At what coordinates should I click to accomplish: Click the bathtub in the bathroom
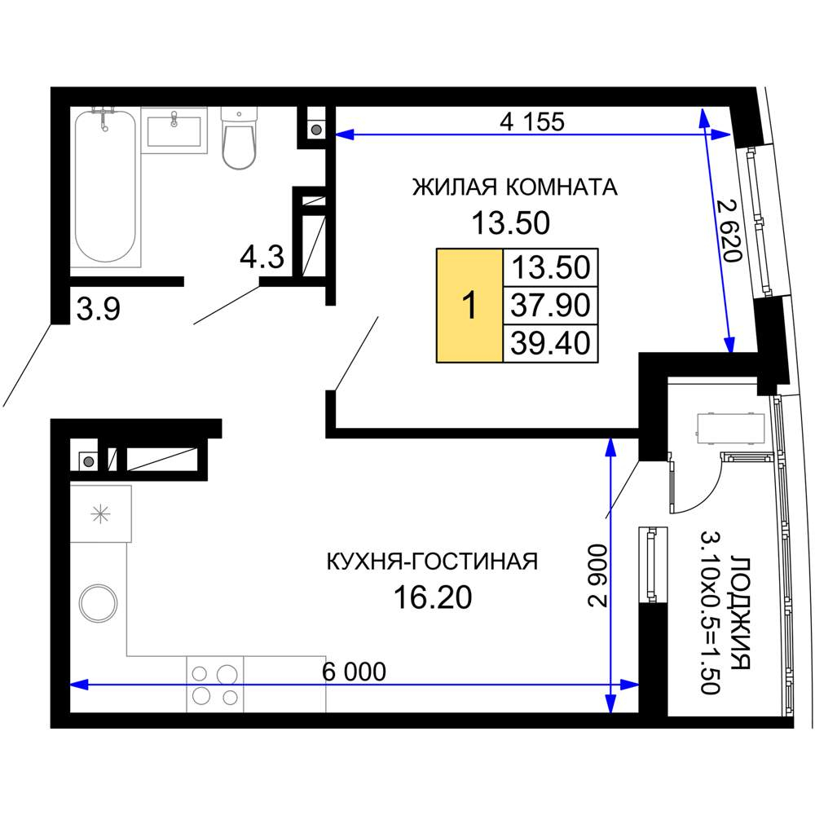tap(105, 187)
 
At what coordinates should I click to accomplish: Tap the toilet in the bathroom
tap(239, 139)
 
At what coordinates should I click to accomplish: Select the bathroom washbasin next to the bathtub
tap(174, 130)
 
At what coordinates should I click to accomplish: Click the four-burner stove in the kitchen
tap(215, 685)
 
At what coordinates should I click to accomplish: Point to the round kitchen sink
tap(99, 603)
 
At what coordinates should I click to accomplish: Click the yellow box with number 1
tap(469, 305)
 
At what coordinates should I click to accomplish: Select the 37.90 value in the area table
tap(550, 305)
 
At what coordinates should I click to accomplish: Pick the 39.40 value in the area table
tap(550, 343)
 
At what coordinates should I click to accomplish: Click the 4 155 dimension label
tap(531, 121)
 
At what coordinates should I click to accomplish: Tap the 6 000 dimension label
tap(354, 672)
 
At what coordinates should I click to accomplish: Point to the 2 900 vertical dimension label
tap(597, 575)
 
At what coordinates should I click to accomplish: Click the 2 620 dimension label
tap(728, 231)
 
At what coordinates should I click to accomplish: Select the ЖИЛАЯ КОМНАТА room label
tap(514, 187)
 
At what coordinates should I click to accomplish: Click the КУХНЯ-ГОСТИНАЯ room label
tap(432, 562)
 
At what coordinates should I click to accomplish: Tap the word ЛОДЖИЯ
tap(740, 614)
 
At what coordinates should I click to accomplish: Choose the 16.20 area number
tap(433, 597)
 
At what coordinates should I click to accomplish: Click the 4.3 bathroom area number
tap(262, 257)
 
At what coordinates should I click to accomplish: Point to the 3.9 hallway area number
tap(99, 309)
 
